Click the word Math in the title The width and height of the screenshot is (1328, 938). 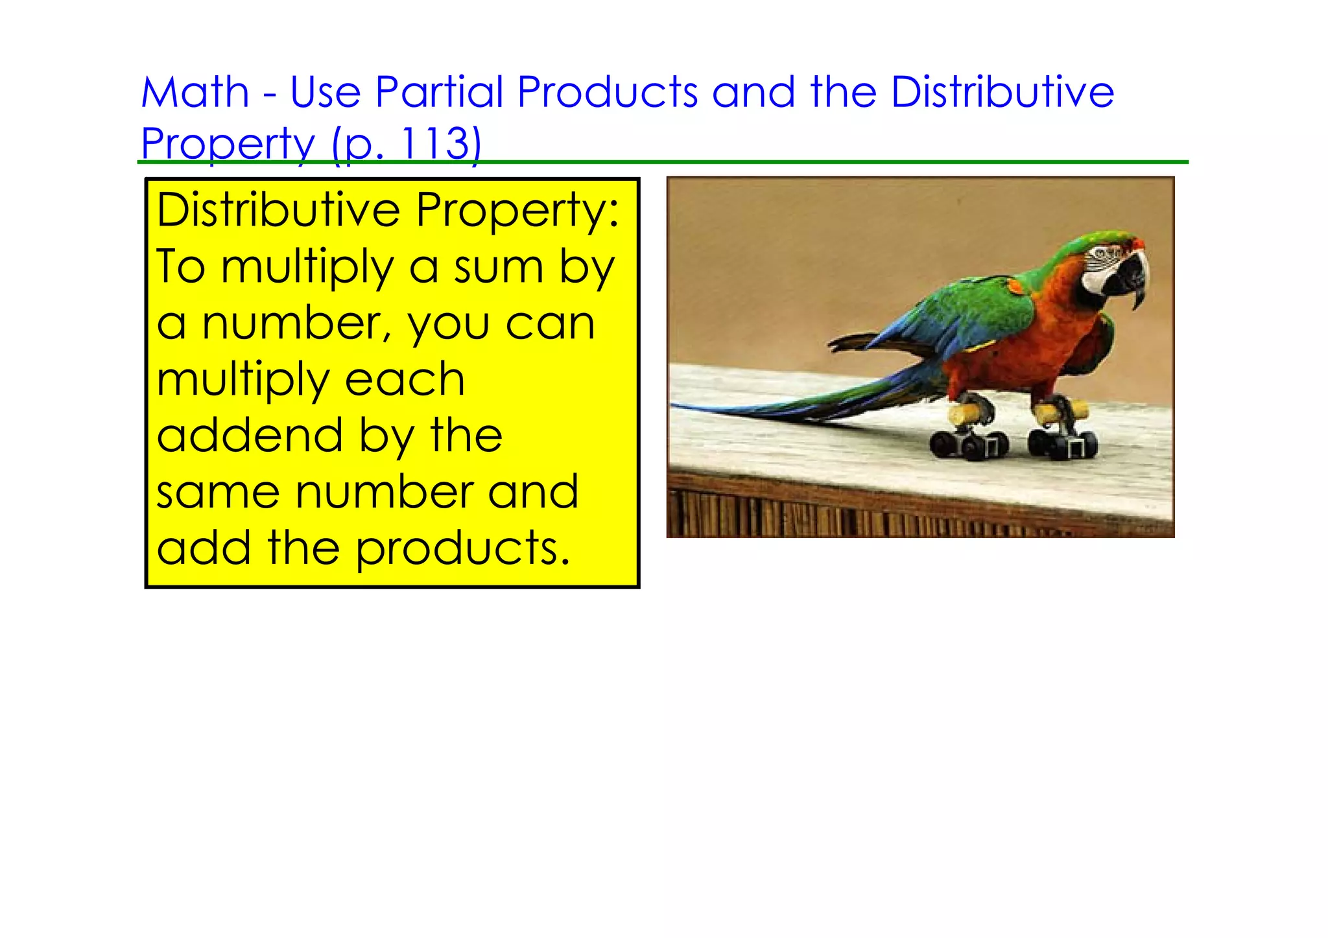pyautogui.click(x=195, y=93)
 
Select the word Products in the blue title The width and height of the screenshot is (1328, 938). pyautogui.click(x=608, y=93)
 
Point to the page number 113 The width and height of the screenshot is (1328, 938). pyautogui.click(x=435, y=143)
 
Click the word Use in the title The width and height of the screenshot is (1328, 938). pyautogui.click(x=325, y=93)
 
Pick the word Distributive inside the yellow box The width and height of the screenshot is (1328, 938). pyautogui.click(x=279, y=211)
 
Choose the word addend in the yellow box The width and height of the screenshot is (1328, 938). pyautogui.click(x=250, y=436)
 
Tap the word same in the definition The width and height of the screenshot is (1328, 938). pyautogui.click(x=218, y=493)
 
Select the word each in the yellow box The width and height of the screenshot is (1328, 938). pyautogui.click(x=405, y=380)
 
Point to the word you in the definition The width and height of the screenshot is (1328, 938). pyautogui.click(x=448, y=324)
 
